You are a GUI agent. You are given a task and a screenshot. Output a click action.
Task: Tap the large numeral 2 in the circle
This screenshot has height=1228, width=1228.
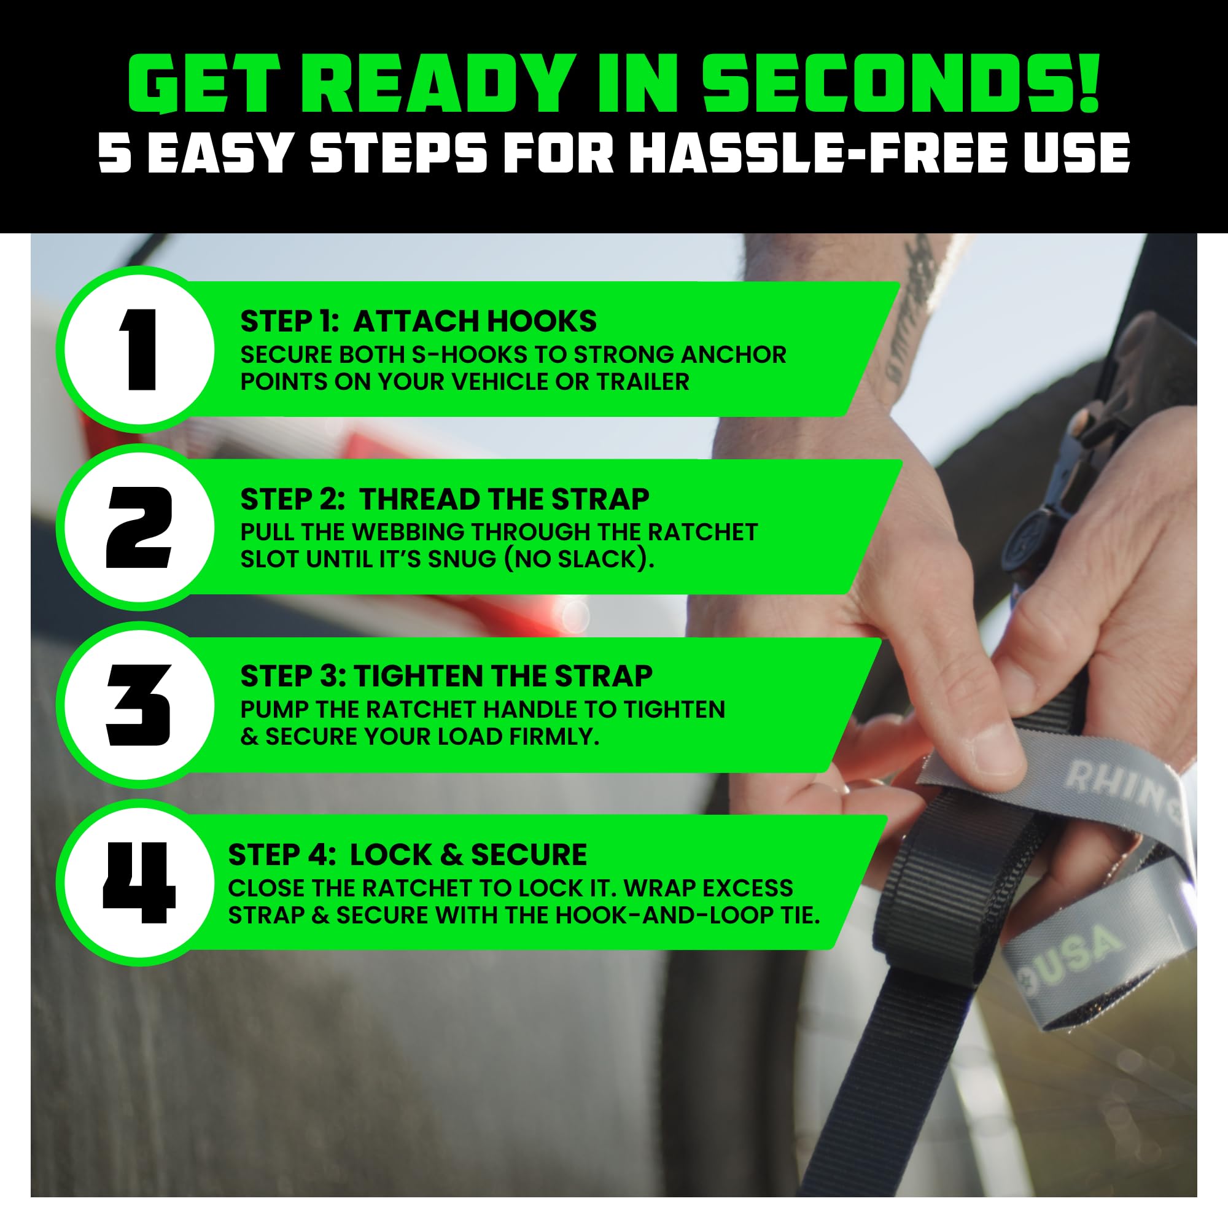tap(139, 527)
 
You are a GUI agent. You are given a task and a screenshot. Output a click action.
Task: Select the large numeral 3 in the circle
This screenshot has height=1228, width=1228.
tap(139, 705)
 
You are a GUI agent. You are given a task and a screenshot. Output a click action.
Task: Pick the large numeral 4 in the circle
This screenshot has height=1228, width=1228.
tap(139, 883)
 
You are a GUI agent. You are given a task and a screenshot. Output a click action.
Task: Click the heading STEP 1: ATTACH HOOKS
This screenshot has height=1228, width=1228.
tap(418, 321)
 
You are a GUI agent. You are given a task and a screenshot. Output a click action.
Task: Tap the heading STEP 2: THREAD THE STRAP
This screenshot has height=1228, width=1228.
tap(445, 499)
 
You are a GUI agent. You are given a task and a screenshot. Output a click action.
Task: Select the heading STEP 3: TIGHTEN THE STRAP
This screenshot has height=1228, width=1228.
tap(446, 675)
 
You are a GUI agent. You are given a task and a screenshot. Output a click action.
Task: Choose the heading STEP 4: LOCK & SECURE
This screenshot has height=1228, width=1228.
tap(408, 854)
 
